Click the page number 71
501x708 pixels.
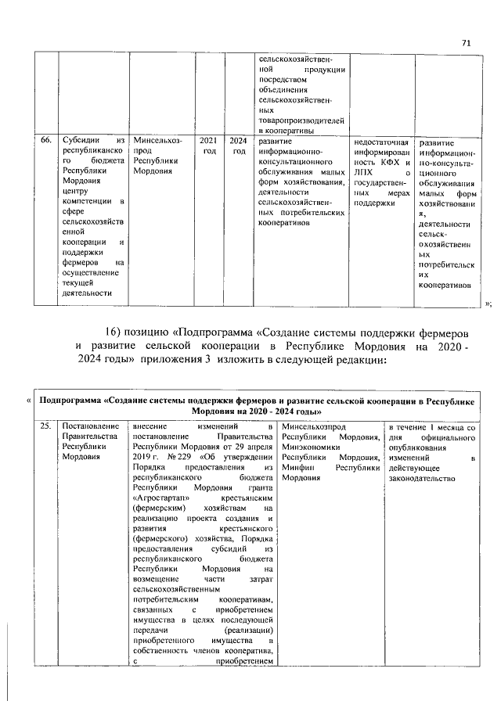[467, 43]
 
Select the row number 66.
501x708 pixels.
[46, 141]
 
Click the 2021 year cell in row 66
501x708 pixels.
[209, 141]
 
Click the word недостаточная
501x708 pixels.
[383, 142]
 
